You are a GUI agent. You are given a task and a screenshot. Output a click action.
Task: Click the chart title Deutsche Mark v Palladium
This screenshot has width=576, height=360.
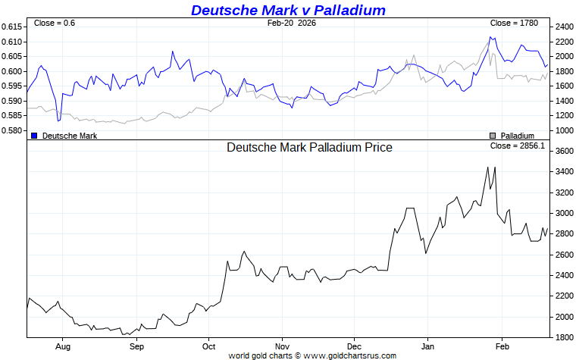pyautogui.click(x=288, y=10)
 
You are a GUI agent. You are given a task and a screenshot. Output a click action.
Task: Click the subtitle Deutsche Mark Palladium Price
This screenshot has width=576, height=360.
pyautogui.click(x=309, y=148)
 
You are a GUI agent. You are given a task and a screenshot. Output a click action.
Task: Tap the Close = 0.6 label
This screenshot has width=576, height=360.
pyautogui.click(x=55, y=23)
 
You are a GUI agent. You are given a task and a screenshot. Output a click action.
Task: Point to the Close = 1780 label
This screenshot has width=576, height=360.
pyautogui.click(x=514, y=23)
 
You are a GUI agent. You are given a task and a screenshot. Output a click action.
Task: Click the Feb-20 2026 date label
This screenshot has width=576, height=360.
pyautogui.click(x=292, y=23)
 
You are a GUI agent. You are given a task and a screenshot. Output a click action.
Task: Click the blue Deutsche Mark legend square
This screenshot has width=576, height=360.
pyautogui.click(x=34, y=135)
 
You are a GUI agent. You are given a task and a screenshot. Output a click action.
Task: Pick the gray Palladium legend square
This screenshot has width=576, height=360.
pyautogui.click(x=493, y=135)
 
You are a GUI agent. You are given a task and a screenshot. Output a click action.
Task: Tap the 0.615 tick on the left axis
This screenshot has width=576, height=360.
pyautogui.click(x=11, y=27)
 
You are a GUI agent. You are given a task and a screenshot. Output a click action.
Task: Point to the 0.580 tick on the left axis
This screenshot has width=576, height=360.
pyautogui.click(x=11, y=130)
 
